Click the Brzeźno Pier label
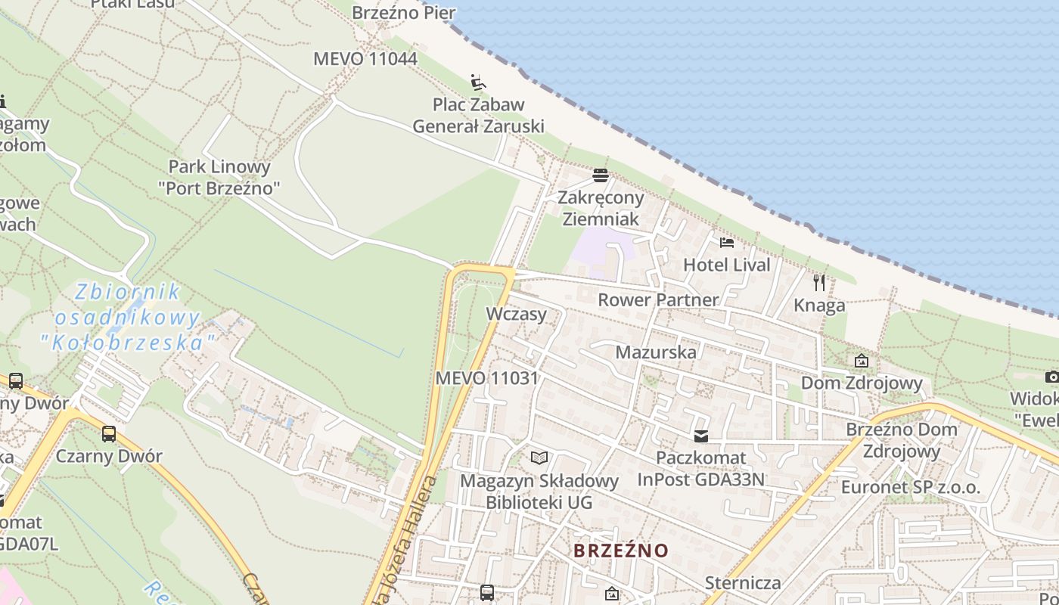pos(404,13)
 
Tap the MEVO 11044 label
pos(365,59)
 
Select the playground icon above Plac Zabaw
pos(477,82)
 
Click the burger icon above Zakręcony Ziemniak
pos(601,175)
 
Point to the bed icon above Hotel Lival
pos(727,243)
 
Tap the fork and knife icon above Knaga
pos(819,283)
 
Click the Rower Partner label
pos(658,299)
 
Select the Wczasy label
pos(517,314)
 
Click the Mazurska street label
pos(656,352)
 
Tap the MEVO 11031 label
pos(487,378)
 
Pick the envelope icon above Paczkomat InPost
pos(701,436)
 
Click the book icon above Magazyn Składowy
pos(539,458)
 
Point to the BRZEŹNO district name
pos(621,550)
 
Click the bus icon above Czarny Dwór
pos(109,434)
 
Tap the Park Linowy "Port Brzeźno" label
pos(219,177)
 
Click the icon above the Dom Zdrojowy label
pos(861,361)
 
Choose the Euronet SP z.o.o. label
pos(910,487)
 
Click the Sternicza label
pos(742,583)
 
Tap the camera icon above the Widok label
pos(1051,377)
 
